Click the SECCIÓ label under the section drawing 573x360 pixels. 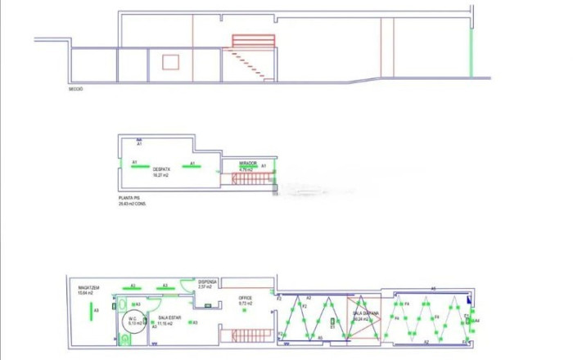click(76, 89)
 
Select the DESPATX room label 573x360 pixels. click(160, 170)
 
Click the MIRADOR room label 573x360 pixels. click(248, 164)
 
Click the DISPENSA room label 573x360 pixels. click(205, 282)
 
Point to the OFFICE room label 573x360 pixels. click(246, 299)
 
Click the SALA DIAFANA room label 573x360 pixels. click(365, 314)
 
